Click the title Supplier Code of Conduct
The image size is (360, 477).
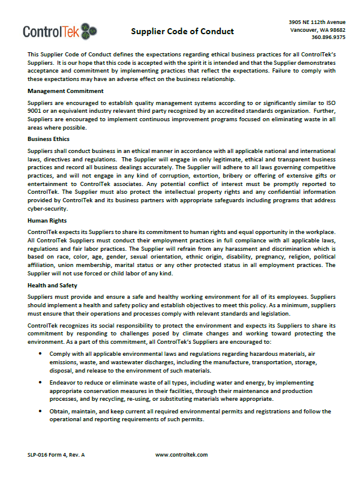click(182, 31)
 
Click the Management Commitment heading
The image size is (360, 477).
click(65, 91)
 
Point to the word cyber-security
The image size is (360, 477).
click(47, 209)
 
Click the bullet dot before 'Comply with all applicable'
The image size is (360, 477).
click(40, 354)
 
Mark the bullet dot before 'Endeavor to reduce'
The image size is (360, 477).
click(40, 382)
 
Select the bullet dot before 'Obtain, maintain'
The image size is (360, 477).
click(40, 411)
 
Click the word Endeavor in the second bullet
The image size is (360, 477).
click(64, 382)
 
